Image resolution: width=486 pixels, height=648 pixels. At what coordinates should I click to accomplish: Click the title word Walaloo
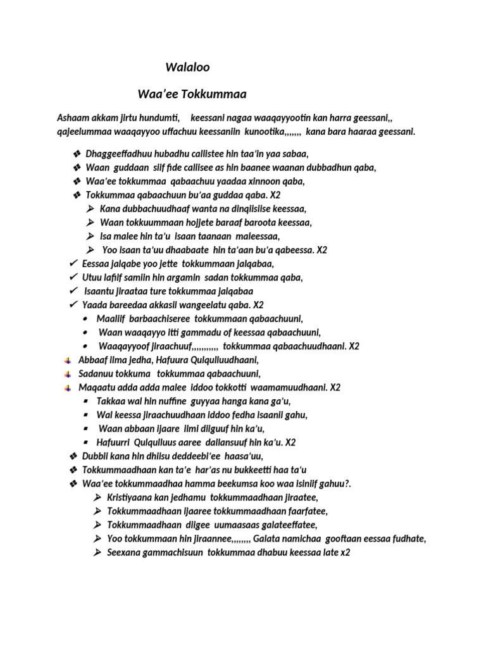point(187,66)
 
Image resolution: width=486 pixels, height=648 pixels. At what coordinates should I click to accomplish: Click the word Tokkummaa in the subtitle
point(213,94)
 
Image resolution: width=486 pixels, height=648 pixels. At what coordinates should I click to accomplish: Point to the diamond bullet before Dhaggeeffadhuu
point(77,154)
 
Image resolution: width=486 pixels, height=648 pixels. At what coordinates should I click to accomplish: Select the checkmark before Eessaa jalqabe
point(73,264)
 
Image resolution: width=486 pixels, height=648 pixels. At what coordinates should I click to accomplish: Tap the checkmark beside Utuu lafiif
point(73,278)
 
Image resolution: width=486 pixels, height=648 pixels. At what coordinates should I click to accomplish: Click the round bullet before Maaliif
point(85,319)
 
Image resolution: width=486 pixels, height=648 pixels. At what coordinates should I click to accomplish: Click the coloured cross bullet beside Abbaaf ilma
point(68,360)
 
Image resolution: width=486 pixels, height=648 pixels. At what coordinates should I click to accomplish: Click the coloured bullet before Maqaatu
point(68,387)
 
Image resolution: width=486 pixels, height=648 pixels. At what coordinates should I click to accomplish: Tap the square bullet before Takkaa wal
point(85,401)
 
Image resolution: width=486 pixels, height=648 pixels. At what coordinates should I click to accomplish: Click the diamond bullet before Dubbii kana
point(73,456)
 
